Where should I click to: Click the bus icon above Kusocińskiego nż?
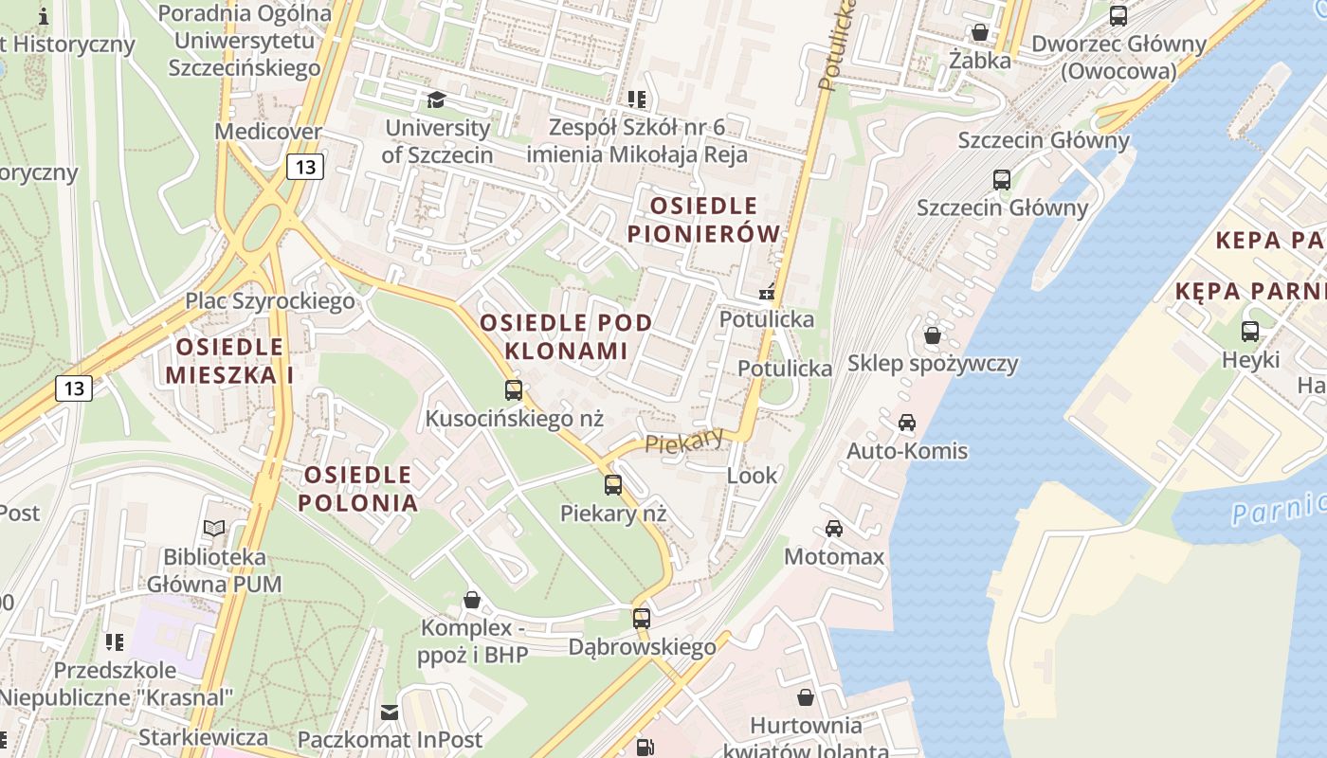514,389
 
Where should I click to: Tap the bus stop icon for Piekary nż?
613,485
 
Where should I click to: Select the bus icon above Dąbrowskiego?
642,619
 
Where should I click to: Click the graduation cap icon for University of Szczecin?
436,99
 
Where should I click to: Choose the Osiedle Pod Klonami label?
566,336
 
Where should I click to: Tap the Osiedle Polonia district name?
358,488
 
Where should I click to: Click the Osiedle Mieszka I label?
228,361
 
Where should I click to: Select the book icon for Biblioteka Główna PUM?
215,529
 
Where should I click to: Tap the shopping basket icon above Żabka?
980,32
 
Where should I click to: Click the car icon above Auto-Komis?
907,423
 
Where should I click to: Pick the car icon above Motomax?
834,529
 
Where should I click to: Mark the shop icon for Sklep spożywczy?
933,335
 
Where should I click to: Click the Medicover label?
268,131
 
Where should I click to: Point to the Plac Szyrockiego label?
269,301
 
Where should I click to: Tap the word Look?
752,475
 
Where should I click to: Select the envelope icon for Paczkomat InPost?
390,712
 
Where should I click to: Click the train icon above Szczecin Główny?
1002,179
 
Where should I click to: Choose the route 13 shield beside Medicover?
305,168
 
